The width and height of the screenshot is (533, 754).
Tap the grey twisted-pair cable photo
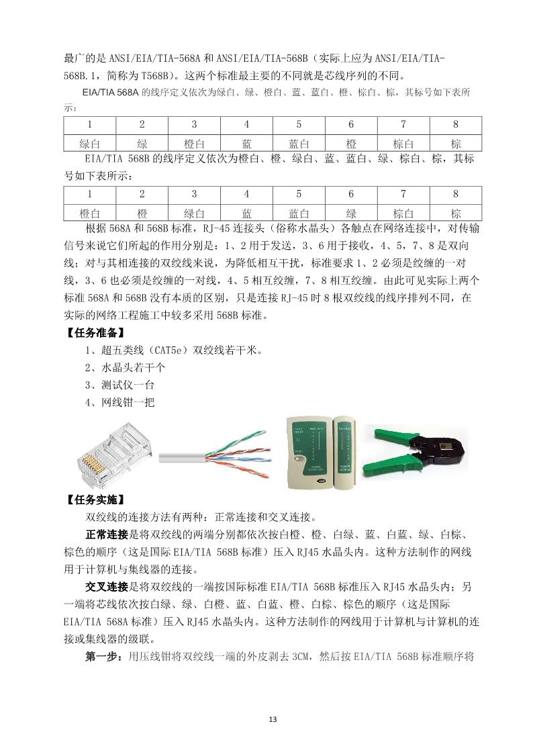click(215, 457)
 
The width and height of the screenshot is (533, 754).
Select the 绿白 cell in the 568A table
click(89, 143)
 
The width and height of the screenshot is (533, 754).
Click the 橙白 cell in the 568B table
click(89, 213)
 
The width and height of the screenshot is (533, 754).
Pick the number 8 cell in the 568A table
click(456, 125)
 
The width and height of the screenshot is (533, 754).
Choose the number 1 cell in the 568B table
click(89, 195)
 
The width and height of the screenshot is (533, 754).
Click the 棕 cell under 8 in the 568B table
click(456, 213)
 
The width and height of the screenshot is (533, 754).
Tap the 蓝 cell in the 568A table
click(246, 143)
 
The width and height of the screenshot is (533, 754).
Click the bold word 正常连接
click(107, 534)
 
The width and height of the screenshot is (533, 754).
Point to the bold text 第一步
click(102, 657)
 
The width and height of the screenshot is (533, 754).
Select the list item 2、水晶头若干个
click(125, 368)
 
